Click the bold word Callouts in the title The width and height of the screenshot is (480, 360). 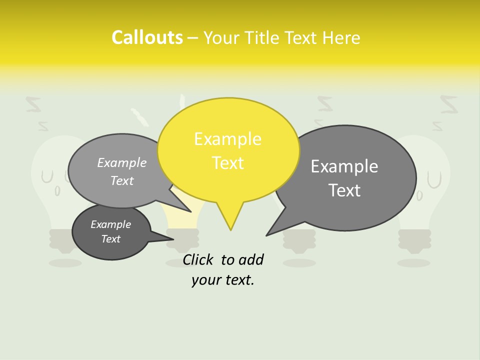pos(147,37)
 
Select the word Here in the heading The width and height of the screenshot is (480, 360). pos(341,38)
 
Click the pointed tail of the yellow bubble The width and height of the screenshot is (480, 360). pos(230,225)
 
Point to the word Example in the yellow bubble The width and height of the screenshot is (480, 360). pos(227,139)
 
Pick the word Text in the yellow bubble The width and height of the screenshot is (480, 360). pos(227,163)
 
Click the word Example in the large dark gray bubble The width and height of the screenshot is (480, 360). pos(344,166)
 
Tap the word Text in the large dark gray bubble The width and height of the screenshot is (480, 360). pos(344,190)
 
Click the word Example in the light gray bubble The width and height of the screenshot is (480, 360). pos(122,163)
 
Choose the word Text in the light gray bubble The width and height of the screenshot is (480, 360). pos(122,181)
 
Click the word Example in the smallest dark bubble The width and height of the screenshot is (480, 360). pos(110,224)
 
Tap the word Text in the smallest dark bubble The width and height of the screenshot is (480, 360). pos(110,239)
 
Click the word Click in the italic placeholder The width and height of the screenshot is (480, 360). pos(197,260)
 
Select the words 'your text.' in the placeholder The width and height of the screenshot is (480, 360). pos(223,280)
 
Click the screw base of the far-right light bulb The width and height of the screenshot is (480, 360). pos(414,240)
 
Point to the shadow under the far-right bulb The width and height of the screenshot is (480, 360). pos(414,262)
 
